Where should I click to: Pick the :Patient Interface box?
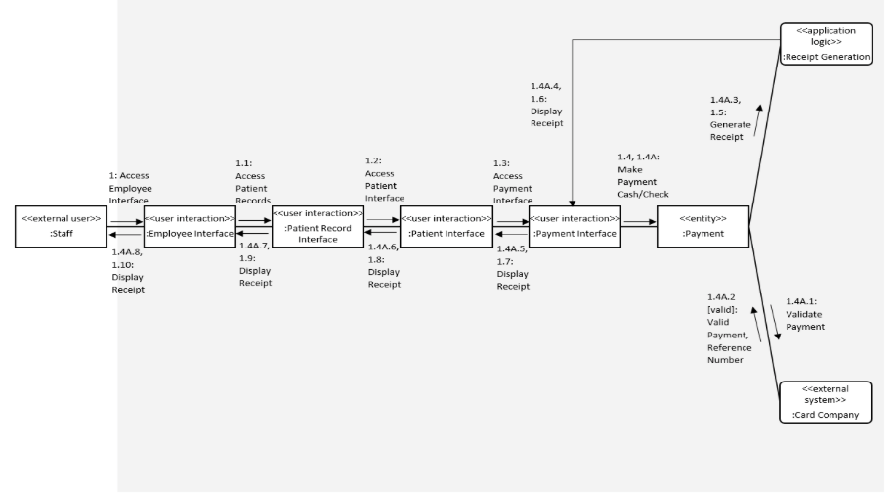[x=445, y=226]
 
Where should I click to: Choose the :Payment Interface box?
[x=574, y=226]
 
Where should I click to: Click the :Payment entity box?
[x=702, y=226]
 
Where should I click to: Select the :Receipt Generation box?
[x=825, y=43]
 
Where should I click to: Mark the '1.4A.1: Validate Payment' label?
[x=805, y=314]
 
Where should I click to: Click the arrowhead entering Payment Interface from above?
[x=574, y=202]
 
